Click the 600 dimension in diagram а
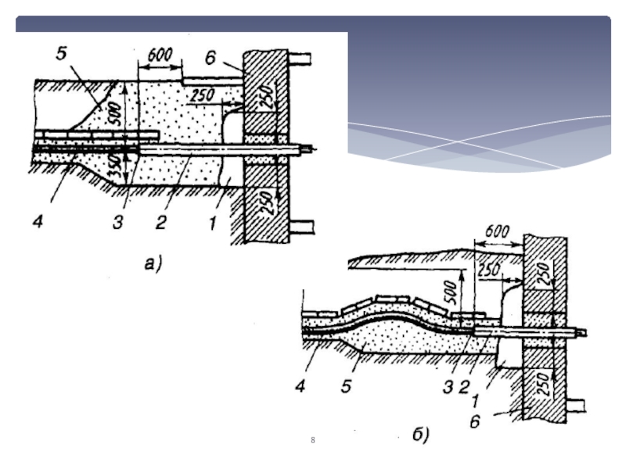(160, 55)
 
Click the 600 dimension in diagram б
(496, 231)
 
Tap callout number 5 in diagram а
(61, 53)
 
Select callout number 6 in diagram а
(210, 58)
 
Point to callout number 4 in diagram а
(38, 221)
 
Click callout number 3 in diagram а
(117, 222)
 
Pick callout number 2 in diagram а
(160, 222)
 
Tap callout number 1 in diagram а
(212, 223)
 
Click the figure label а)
(153, 263)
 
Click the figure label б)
(421, 434)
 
